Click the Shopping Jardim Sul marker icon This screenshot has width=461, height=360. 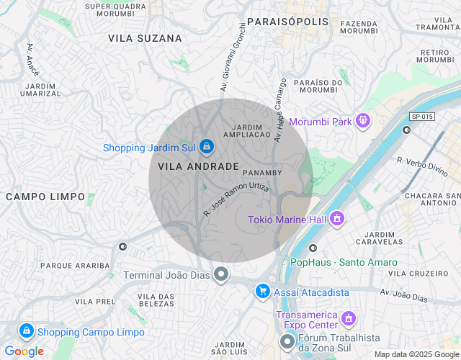coord(207,147)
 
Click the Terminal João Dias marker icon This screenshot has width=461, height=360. coord(222,275)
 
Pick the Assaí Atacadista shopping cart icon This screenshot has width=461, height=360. coord(263,292)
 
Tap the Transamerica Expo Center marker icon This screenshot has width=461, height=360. coord(349,317)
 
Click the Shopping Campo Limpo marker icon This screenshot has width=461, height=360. coord(26,331)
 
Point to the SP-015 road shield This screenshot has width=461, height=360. coord(422,117)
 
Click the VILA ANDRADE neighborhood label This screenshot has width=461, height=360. coord(194,166)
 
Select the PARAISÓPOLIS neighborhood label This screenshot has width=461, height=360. coord(288,22)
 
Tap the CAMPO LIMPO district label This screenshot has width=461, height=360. coord(45,197)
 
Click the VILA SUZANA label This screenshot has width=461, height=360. coord(145,37)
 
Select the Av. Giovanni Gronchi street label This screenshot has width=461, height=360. coord(233,57)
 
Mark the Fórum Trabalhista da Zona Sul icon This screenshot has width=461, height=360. coord(287,341)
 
